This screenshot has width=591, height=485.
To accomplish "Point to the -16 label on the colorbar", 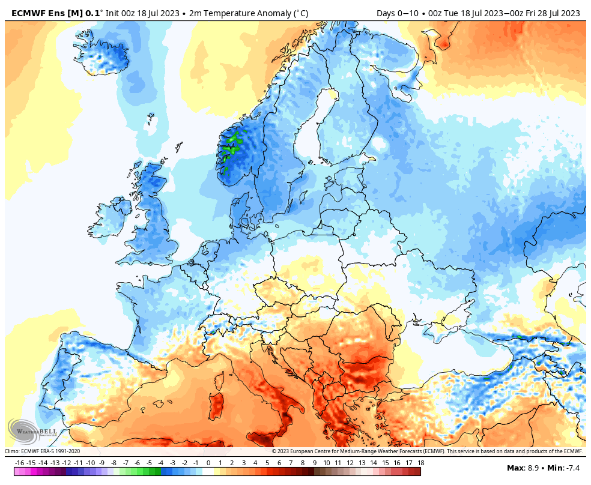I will click(x=19, y=463).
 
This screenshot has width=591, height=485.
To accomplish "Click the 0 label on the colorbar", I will click(x=208, y=463).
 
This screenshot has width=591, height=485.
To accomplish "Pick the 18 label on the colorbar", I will click(x=421, y=463).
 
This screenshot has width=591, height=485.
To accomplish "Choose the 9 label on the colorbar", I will click(x=315, y=463).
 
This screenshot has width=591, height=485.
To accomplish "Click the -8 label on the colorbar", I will click(x=114, y=463).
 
